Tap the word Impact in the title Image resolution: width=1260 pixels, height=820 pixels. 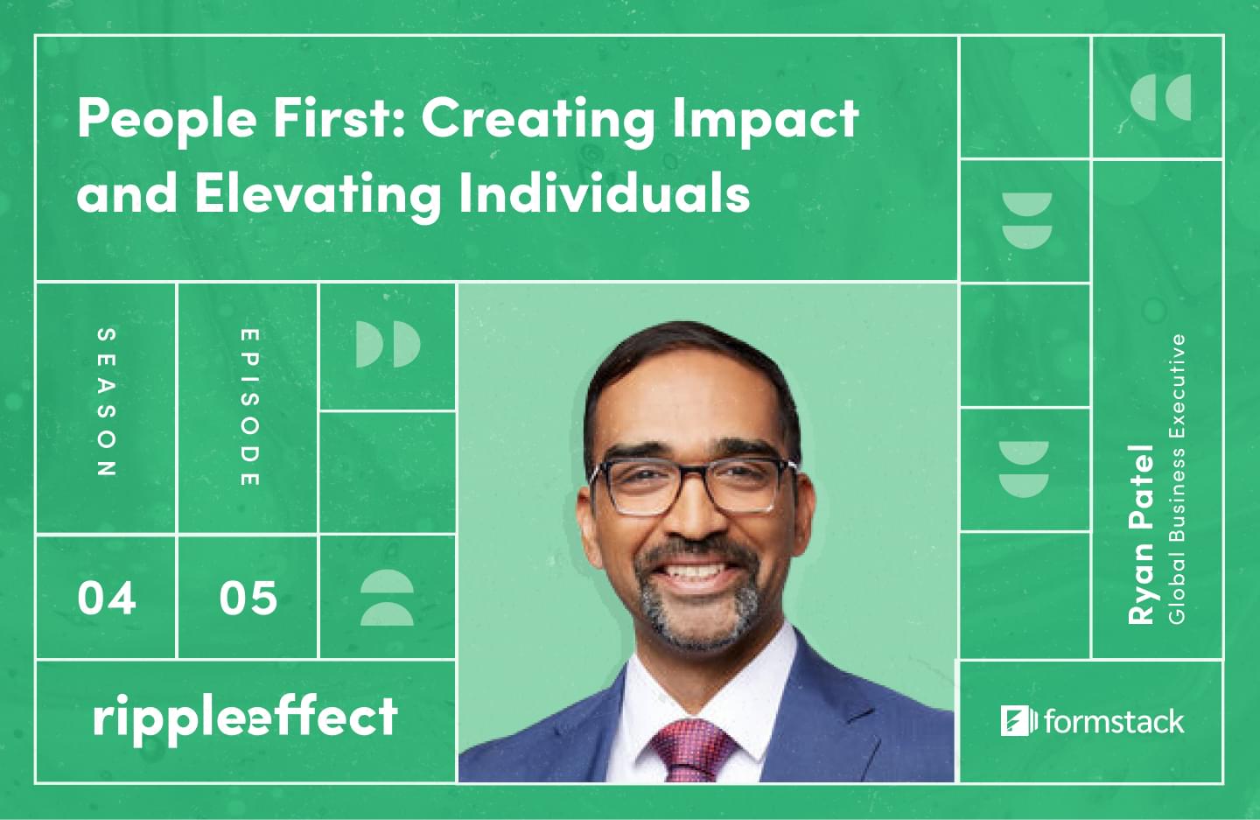[x=766, y=119]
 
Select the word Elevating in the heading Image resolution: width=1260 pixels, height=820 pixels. [x=318, y=194]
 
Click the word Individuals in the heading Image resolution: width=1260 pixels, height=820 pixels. [x=605, y=192]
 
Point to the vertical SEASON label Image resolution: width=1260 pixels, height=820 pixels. [x=107, y=403]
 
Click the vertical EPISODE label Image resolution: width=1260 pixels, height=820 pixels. [x=249, y=407]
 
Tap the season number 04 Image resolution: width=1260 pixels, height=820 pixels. [x=107, y=599]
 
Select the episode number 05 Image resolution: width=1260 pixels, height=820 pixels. [x=248, y=599]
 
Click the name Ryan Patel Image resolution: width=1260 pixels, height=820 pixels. [x=1141, y=535]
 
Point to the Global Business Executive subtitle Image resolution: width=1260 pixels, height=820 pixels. [x=1177, y=479]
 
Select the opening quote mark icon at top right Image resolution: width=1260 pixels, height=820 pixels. [x=1160, y=97]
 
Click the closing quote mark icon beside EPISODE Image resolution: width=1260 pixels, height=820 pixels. [x=388, y=344]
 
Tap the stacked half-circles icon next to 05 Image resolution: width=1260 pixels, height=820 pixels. [x=387, y=598]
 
